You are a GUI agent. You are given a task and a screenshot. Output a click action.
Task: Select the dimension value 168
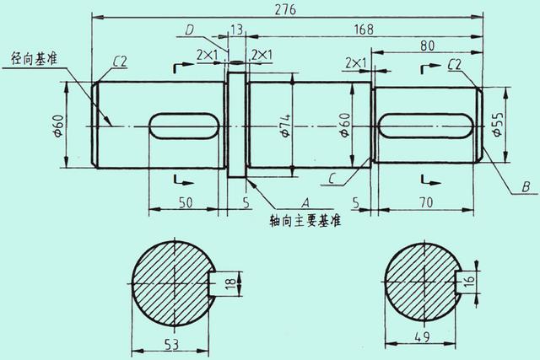click(364, 30)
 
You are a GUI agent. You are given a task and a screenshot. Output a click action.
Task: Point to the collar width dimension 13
click(236, 30)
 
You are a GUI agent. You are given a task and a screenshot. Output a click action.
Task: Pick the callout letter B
click(525, 186)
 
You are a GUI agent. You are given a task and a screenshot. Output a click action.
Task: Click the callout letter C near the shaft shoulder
click(335, 178)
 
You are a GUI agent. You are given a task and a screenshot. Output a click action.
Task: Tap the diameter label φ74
click(286, 126)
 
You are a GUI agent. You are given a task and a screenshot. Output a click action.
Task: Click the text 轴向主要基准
click(305, 221)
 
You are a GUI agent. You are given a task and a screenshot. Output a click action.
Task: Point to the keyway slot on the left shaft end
click(186, 126)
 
